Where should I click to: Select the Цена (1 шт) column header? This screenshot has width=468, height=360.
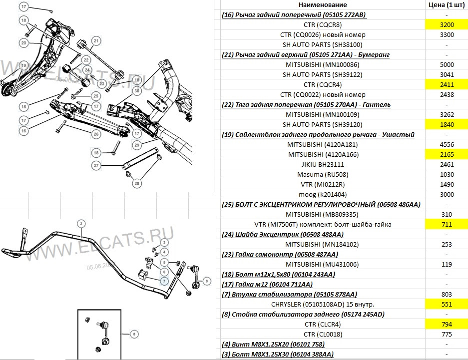click(446, 4)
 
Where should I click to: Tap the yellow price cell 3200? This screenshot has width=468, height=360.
click(446, 24)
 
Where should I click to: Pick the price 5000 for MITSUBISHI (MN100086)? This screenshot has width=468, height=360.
click(446, 64)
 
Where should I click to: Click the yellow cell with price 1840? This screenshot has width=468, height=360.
click(446, 124)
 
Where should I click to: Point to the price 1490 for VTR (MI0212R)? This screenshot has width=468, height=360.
click(446, 184)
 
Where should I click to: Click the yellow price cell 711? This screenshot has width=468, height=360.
click(446, 224)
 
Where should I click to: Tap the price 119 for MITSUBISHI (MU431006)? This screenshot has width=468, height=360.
click(446, 264)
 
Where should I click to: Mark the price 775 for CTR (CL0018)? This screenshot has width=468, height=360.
click(446, 334)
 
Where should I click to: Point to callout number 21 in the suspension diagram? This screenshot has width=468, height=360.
click(96, 40)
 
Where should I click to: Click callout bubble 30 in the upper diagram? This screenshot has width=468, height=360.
click(136, 90)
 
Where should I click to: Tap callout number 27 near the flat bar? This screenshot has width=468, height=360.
click(97, 165)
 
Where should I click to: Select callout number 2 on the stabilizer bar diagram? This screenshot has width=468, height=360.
click(80, 223)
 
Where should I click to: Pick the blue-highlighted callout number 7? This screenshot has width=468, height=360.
click(163, 281)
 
